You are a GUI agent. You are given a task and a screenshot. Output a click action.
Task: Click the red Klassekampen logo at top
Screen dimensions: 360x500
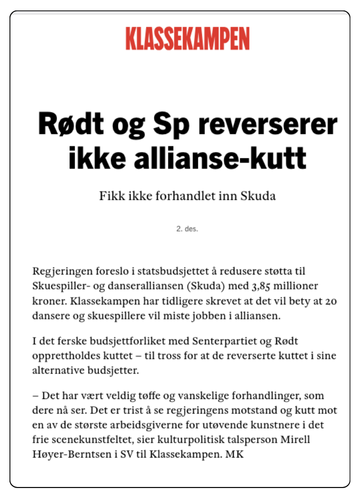[180, 39]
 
